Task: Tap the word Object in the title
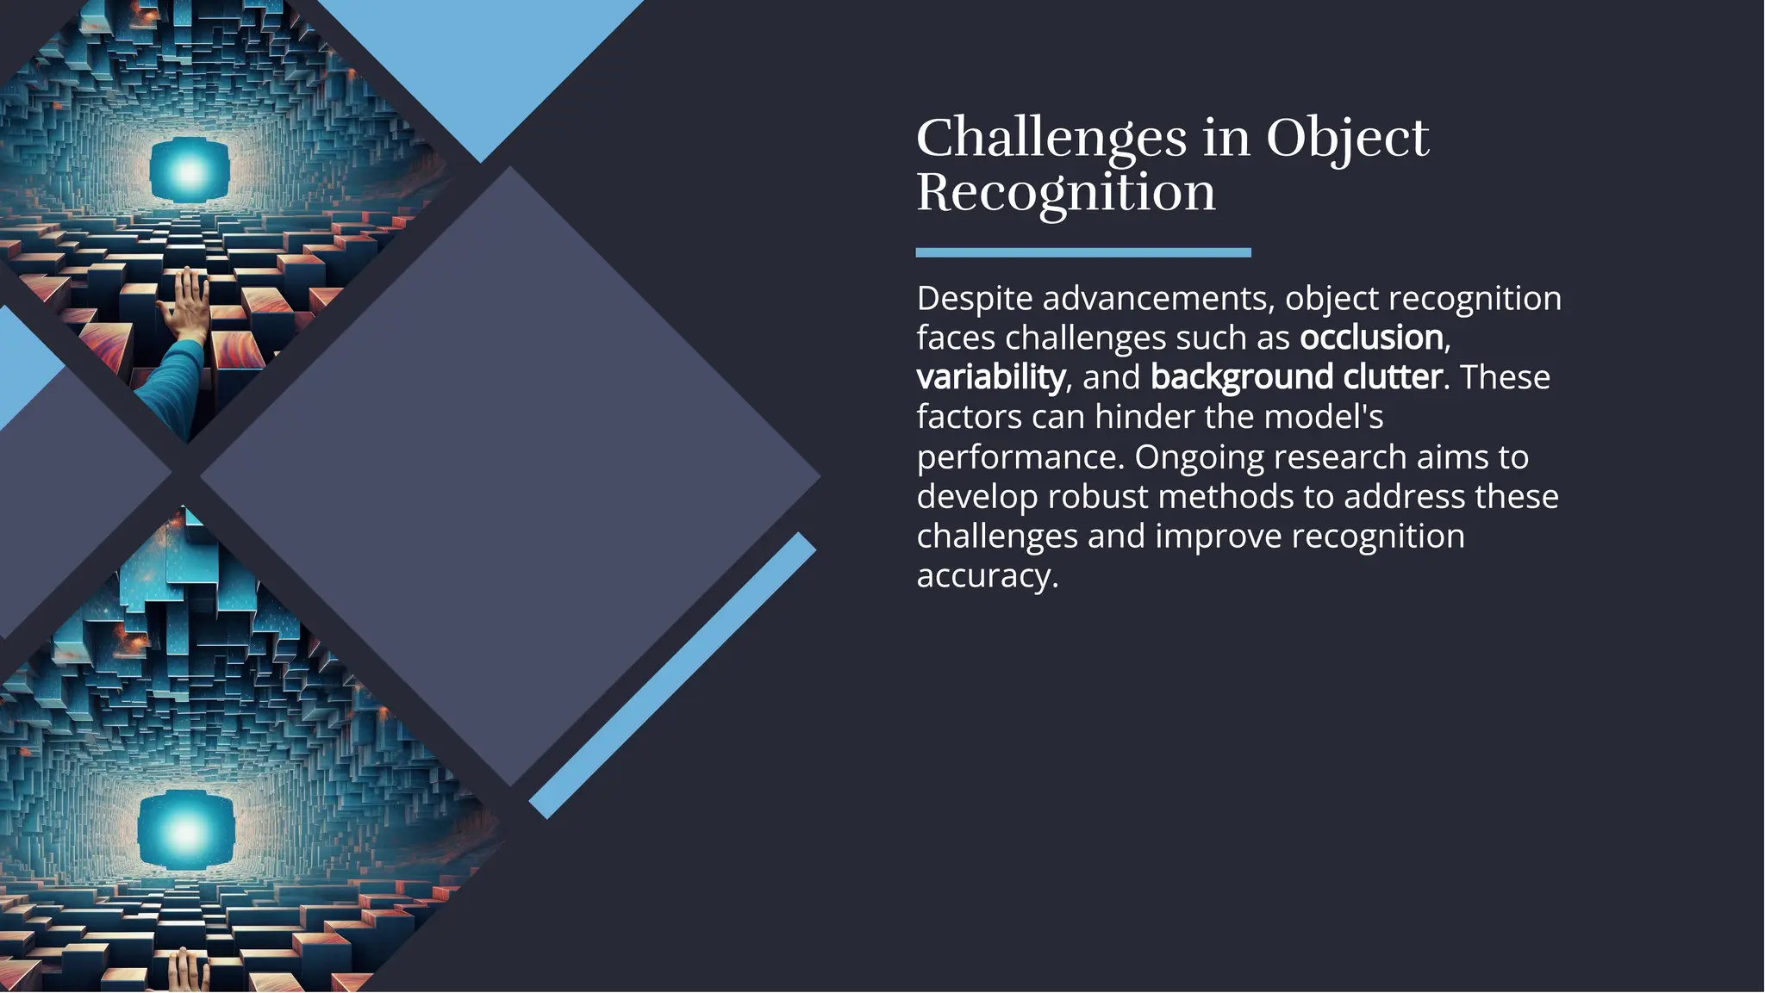1347,138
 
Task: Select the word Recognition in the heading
1065,192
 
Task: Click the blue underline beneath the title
1082,252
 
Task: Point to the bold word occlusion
1370,338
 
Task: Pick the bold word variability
990,377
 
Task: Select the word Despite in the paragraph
974,299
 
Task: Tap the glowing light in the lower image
186,830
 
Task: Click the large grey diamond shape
510,475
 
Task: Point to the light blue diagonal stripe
672,675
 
